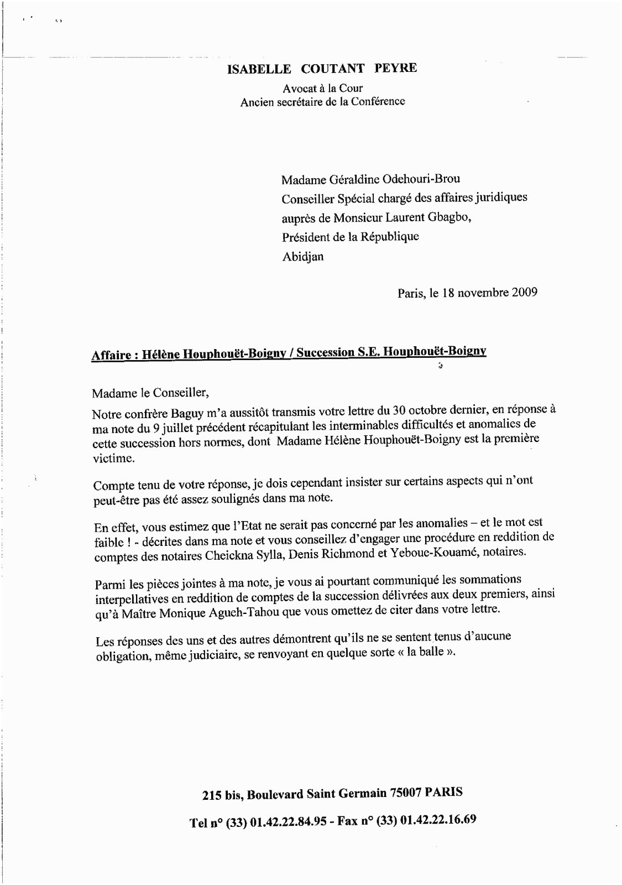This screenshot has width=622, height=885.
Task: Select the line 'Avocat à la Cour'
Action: click(322, 88)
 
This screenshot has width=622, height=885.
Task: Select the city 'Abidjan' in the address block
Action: click(303, 257)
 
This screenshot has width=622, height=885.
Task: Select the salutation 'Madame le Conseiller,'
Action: click(151, 393)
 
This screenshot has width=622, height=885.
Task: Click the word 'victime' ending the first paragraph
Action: click(113, 458)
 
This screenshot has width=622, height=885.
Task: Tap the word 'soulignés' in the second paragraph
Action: click(220, 498)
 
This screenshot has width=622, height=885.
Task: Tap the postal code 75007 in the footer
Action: click(406, 793)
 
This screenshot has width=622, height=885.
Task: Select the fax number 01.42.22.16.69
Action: click(437, 820)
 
